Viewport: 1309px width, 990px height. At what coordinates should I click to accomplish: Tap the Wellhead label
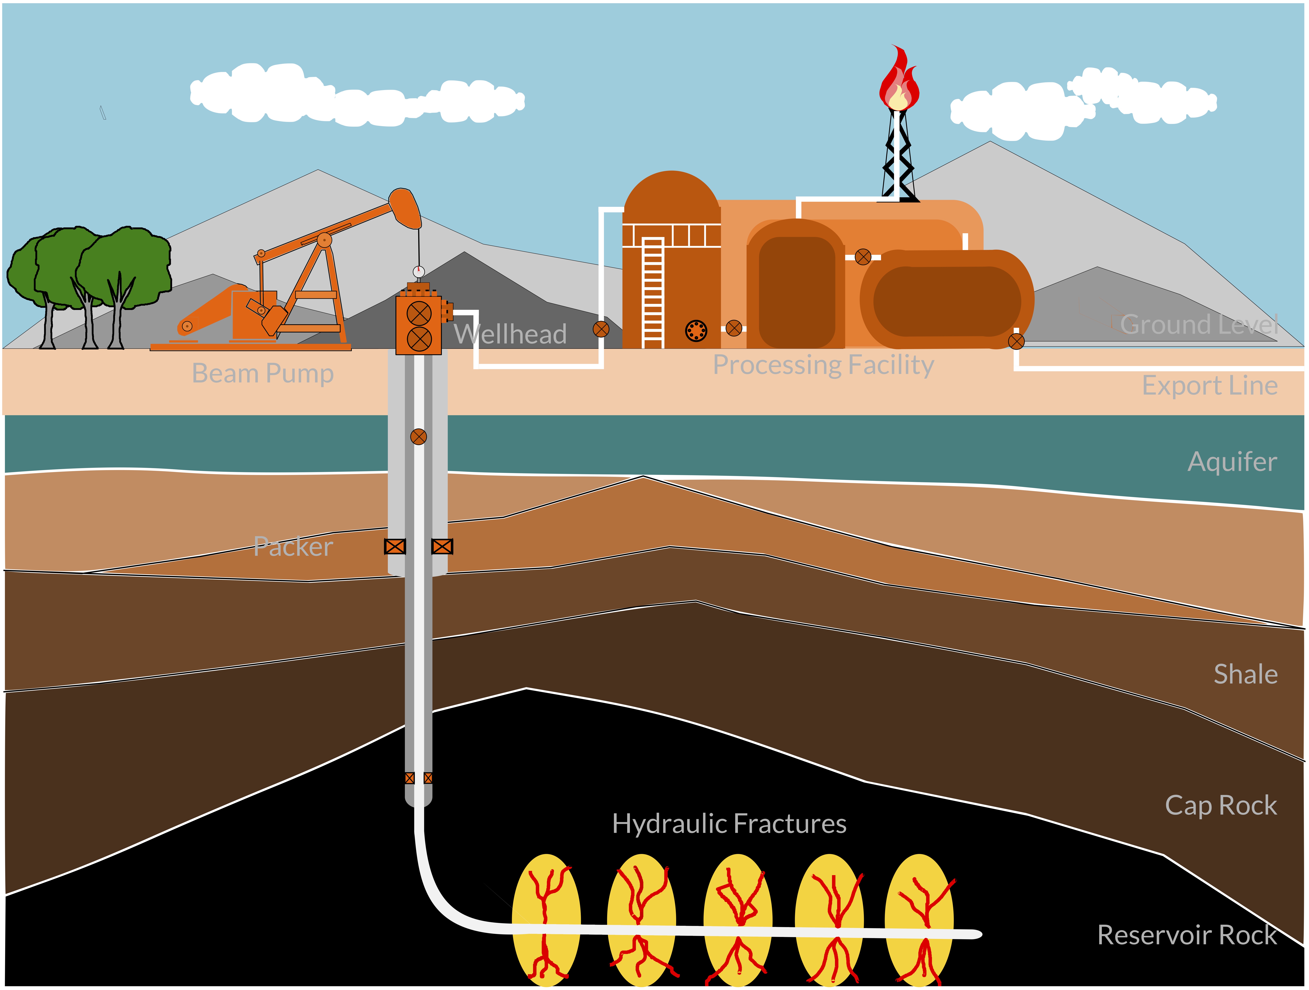point(510,334)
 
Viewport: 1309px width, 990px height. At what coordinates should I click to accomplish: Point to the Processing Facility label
point(823,365)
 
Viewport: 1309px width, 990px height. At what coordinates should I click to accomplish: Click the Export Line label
point(1210,386)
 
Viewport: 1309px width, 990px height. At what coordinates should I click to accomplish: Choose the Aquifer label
point(1232,462)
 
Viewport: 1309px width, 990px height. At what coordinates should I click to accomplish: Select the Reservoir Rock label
point(1187,935)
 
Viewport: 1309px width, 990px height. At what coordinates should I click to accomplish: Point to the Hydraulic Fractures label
point(729,824)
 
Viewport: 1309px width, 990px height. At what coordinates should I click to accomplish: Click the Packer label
point(293,546)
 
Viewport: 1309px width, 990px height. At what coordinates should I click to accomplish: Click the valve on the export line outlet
point(1016,341)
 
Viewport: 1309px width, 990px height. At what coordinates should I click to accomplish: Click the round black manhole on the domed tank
point(696,331)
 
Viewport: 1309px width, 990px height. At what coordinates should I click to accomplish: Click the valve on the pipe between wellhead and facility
point(601,329)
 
